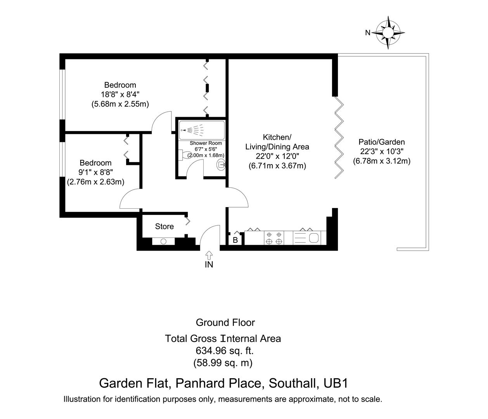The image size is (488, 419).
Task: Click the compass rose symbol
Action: click(388, 33)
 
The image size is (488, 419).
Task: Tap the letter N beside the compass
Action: click(367, 33)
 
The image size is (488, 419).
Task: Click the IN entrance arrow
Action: click(209, 255)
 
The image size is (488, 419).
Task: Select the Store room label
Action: click(164, 227)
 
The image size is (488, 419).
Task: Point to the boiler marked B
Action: click(235, 240)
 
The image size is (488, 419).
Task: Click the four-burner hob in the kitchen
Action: click(273, 238)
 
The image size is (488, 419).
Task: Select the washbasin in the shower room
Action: click(221, 165)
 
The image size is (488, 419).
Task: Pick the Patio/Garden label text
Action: click(381, 142)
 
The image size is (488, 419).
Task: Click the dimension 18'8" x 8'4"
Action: click(120, 94)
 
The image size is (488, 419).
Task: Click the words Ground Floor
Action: click(225, 322)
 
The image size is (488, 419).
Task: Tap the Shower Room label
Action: click(206, 143)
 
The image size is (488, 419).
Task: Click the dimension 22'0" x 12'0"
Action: click(277, 156)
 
